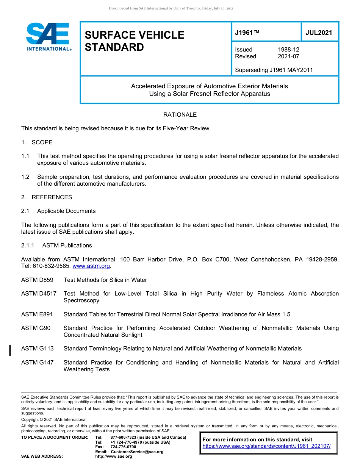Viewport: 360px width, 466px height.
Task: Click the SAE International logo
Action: pos(48,37)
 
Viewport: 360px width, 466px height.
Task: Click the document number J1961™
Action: pos(247,33)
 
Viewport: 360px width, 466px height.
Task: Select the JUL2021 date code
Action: pos(319,33)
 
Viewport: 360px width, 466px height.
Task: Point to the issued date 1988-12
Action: pos(288,50)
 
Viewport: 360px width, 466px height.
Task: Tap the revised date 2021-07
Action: pos(288,56)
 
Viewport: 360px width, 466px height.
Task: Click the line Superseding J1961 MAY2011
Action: pos(274,70)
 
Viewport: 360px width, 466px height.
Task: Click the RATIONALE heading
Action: pos(180,115)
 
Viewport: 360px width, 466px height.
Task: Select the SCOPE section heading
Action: pos(42,142)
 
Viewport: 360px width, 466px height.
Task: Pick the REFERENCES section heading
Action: pos(52,197)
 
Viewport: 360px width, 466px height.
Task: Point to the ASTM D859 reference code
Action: pos(37,280)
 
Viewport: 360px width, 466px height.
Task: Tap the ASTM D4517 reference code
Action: pos(39,294)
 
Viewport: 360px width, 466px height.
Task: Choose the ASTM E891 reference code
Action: pos(37,314)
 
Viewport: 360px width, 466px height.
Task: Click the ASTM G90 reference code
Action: pos(36,328)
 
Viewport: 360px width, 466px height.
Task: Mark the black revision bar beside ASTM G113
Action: pos(10,350)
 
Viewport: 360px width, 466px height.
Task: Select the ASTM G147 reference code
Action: pos(37,363)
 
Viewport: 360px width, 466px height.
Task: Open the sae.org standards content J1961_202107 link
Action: pos(266,446)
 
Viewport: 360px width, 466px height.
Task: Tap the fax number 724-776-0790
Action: pos(123,447)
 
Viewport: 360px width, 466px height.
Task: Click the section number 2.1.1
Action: pos(28,246)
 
